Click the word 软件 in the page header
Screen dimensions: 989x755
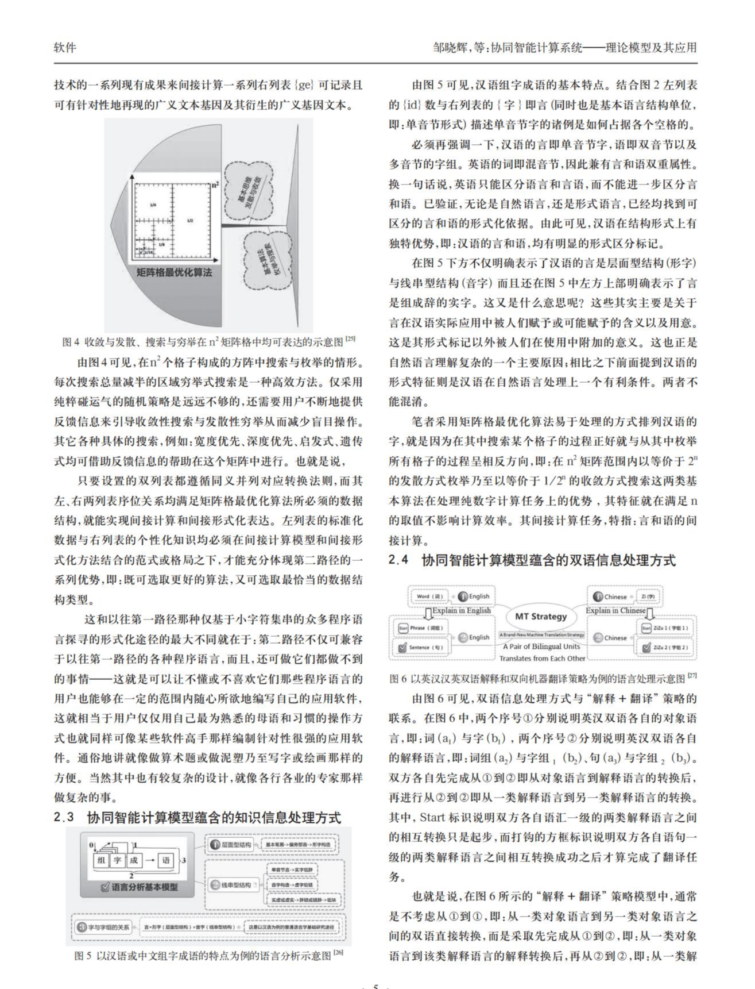click(65, 47)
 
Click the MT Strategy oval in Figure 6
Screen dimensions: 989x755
click(540, 617)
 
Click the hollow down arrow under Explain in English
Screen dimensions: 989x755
click(427, 611)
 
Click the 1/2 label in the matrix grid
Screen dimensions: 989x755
click(190, 221)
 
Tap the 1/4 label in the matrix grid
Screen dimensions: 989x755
click(153, 205)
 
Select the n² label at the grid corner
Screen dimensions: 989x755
click(215, 185)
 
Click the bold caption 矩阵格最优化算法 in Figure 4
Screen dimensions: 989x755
click(174, 272)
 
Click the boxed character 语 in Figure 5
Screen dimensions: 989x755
click(166, 860)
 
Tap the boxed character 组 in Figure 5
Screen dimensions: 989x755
click(102, 860)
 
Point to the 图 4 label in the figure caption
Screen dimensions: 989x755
click(71, 342)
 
